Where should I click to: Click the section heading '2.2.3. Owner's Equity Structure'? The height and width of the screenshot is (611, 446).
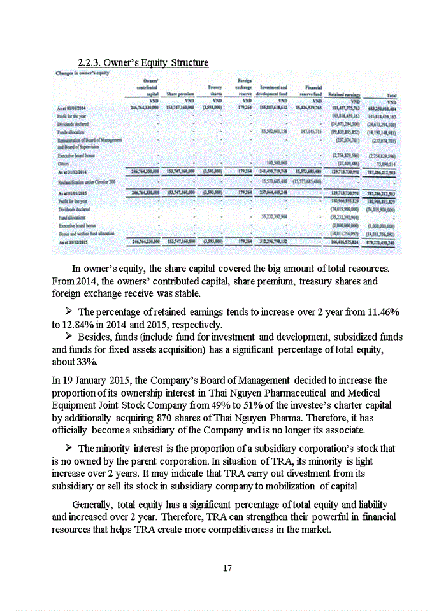tap(142, 62)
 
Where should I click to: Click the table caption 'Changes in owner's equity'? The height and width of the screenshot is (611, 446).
tap(80, 73)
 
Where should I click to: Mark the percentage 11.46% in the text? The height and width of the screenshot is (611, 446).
tap(380, 313)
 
